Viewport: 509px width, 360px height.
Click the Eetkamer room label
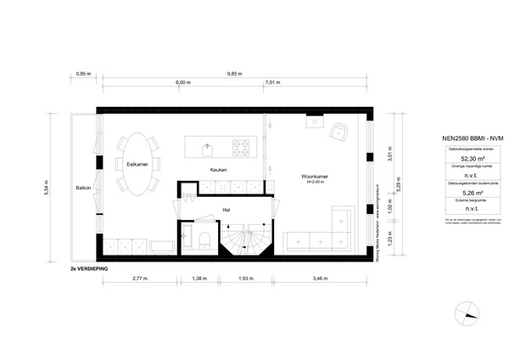137,164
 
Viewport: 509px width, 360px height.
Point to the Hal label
226,209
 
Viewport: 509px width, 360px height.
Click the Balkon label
83,188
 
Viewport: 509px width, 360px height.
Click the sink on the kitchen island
206,148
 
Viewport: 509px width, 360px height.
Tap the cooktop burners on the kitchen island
241,148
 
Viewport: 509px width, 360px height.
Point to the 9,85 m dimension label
235,74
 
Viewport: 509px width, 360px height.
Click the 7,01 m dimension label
272,83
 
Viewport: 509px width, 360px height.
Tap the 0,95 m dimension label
83,74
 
